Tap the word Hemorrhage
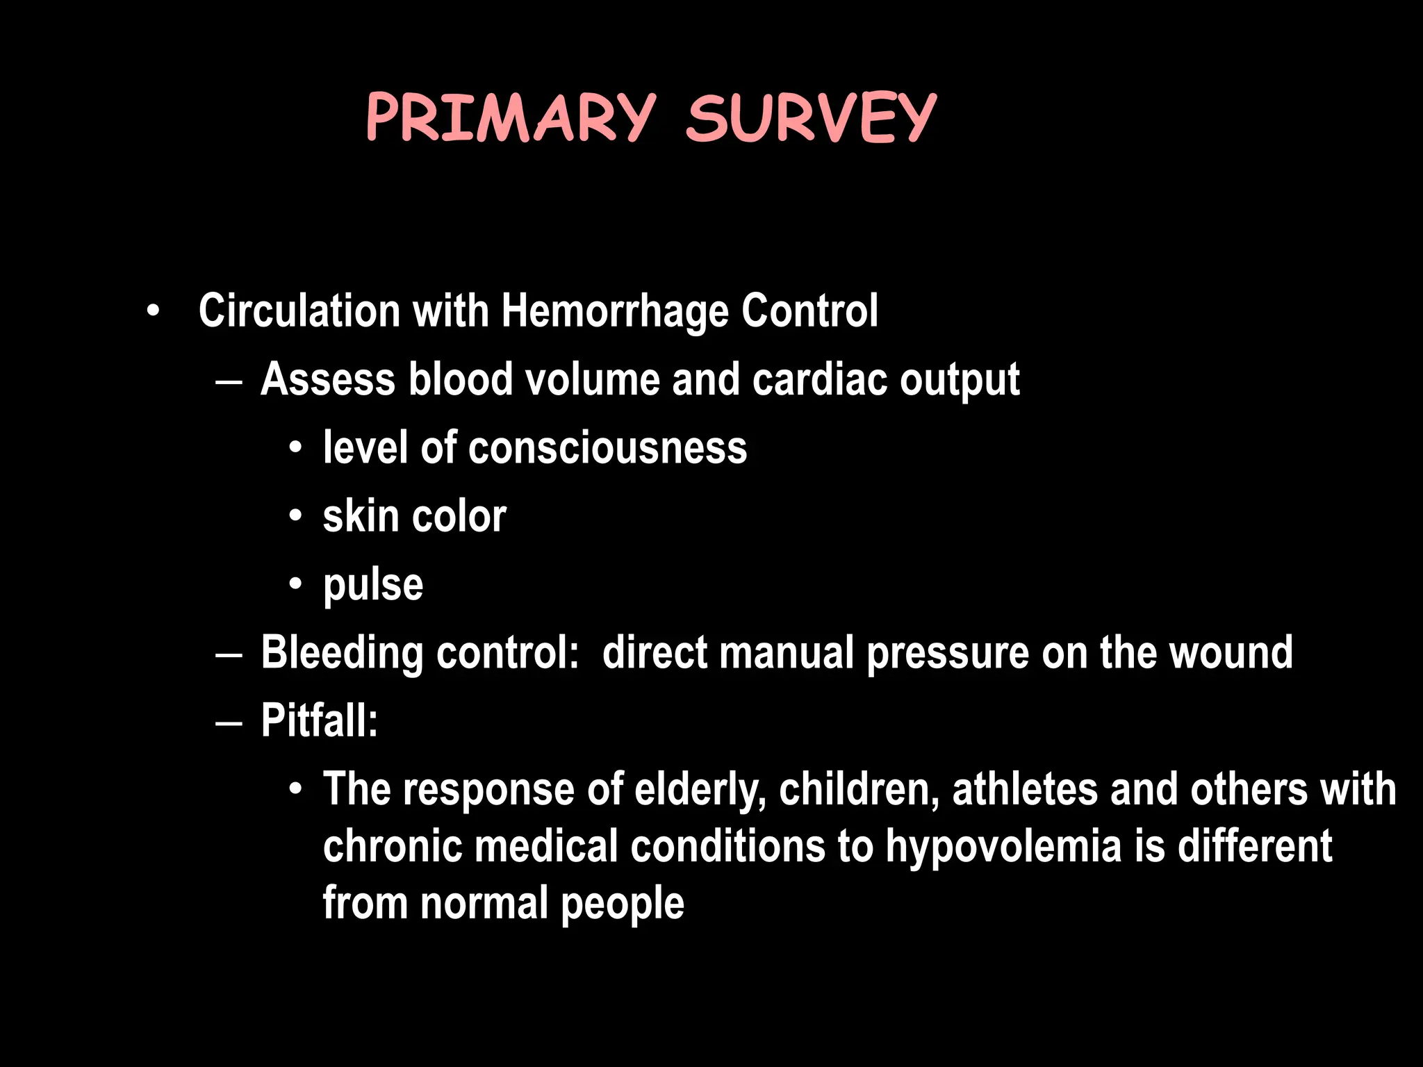coord(614,311)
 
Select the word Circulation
coord(299,311)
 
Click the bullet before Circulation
coord(153,311)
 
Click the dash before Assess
coord(229,381)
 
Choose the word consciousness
coord(607,447)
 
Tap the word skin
coord(361,516)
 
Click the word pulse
coord(373,586)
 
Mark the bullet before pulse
coord(296,584)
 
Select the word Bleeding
coord(342,653)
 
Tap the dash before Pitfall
coord(229,723)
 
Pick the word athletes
coord(1025,790)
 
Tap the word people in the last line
coord(622,904)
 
